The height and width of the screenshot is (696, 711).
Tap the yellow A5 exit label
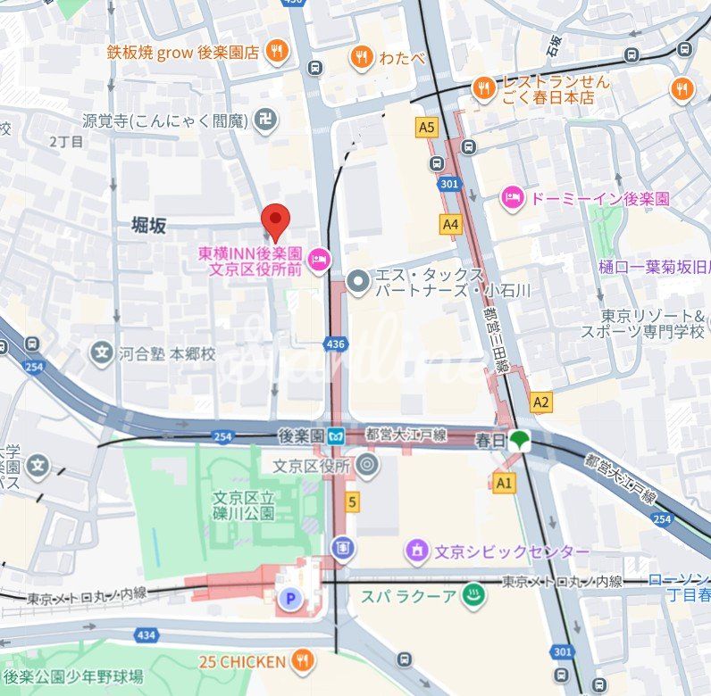pyautogui.click(x=427, y=128)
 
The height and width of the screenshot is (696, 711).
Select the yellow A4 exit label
pyautogui.click(x=451, y=225)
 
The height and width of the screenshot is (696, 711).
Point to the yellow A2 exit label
pyautogui.click(x=540, y=402)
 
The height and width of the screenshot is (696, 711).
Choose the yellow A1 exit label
pyautogui.click(x=505, y=483)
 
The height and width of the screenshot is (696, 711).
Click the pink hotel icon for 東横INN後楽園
pyautogui.click(x=317, y=261)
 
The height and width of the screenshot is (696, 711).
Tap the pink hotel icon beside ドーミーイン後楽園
pyautogui.click(x=512, y=198)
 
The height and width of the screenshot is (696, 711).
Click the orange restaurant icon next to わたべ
pyautogui.click(x=361, y=57)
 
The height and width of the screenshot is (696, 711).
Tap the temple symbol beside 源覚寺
pyautogui.click(x=265, y=120)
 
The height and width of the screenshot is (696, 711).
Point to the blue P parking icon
pyautogui.click(x=288, y=599)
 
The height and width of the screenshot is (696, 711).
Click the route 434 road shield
pyautogui.click(x=145, y=634)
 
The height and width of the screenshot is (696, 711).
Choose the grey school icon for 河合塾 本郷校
pyautogui.click(x=102, y=353)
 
